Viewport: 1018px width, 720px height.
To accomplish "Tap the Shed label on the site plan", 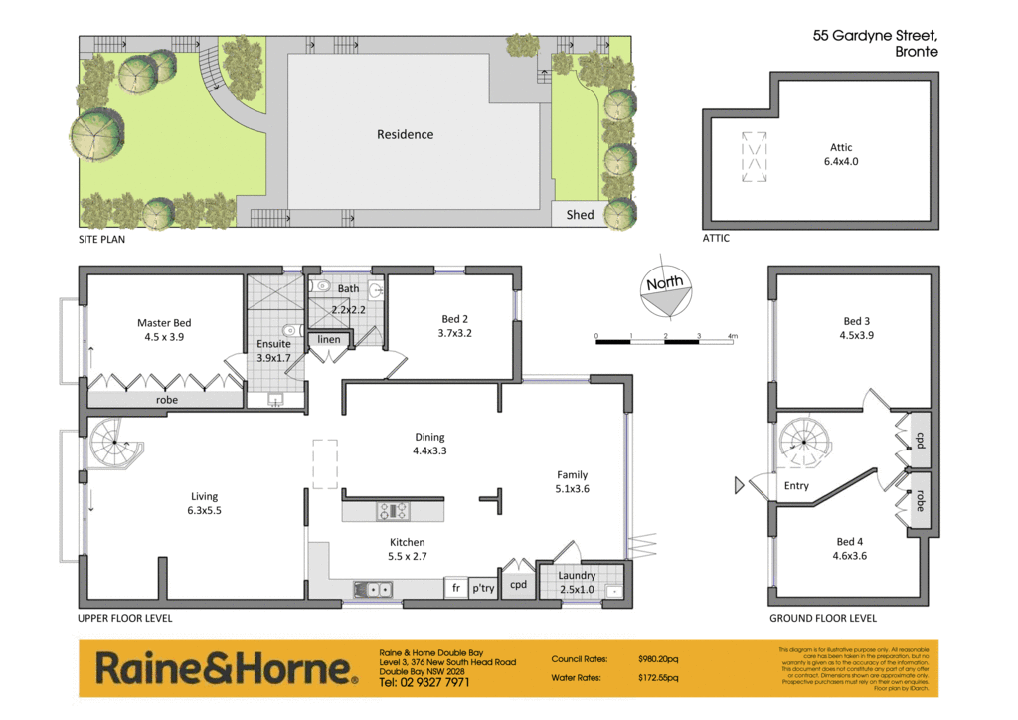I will (580, 215).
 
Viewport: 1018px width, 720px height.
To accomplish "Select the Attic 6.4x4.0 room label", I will (840, 153).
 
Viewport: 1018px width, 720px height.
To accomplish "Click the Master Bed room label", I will (164, 329).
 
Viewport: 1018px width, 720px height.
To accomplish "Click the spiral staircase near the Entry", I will (806, 444).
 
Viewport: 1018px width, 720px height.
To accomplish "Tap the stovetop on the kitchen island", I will (392, 511).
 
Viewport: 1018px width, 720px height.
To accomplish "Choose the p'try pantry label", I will (483, 589).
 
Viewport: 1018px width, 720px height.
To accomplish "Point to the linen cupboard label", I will (329, 340).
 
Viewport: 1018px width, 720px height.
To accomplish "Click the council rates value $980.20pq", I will (658, 659).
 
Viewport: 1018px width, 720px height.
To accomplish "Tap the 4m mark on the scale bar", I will (733, 337).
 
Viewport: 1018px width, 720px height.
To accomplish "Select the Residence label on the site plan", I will (405, 134).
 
